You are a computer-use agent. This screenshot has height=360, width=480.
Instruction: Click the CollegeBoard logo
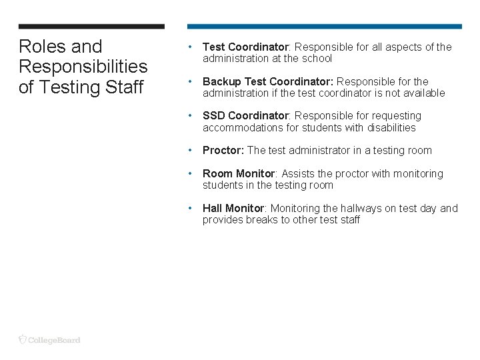point(49,339)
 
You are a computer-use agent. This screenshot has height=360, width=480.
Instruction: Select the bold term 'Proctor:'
point(223,151)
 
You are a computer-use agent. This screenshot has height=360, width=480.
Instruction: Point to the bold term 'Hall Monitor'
point(233,208)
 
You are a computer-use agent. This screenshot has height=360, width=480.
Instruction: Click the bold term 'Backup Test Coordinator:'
point(268,81)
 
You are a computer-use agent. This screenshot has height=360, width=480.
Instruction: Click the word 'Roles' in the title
point(41,47)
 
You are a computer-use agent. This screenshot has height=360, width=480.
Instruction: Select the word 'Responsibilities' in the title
point(83,67)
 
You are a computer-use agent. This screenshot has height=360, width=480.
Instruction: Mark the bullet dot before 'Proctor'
point(191,150)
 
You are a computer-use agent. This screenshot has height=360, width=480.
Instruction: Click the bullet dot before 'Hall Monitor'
point(191,207)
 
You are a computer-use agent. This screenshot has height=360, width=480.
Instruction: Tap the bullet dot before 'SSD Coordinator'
point(191,115)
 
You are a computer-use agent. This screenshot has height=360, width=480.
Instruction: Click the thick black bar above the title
point(91,27)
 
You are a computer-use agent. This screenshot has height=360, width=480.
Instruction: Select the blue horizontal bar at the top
point(324,27)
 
